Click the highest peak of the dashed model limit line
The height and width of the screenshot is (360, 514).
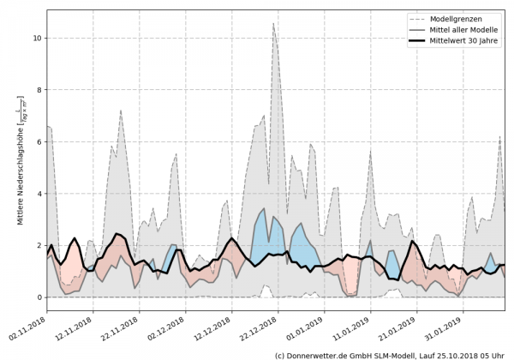pyautogui.click(x=273, y=24)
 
